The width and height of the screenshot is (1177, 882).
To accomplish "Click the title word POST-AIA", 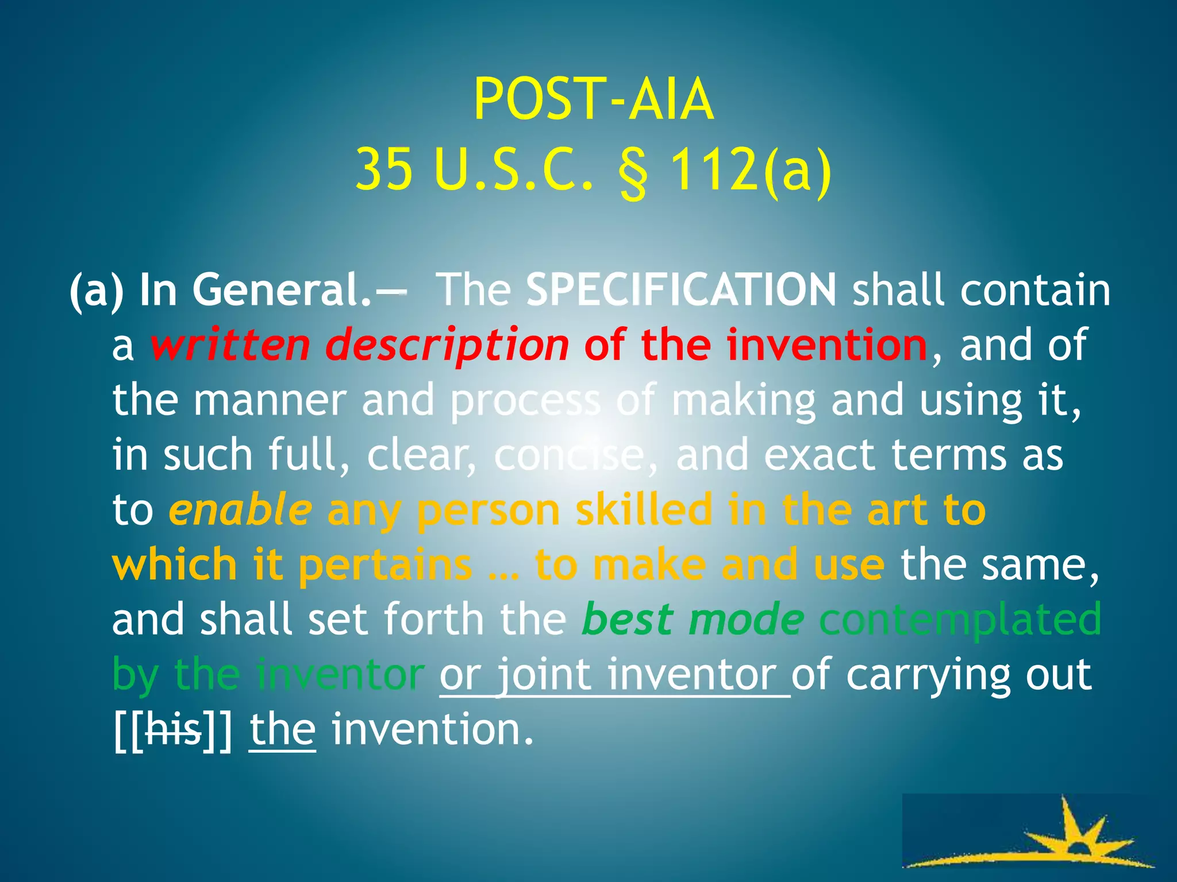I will pyautogui.click(x=593, y=100).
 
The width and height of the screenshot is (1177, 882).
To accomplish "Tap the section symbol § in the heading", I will pyautogui.click(x=633, y=171).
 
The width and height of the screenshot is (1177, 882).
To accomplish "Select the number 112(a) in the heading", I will pyautogui.click(x=751, y=169).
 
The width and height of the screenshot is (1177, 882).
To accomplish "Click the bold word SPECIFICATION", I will pyautogui.click(x=681, y=290).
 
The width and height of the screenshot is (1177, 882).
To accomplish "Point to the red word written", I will pyautogui.click(x=230, y=345).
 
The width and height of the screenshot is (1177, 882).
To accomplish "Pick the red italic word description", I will pyautogui.click(x=447, y=345).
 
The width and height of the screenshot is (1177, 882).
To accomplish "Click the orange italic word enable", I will pyautogui.click(x=240, y=510).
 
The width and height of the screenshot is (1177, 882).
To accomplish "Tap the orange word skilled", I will pyautogui.click(x=644, y=510).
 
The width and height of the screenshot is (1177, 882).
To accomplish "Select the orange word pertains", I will pyautogui.click(x=385, y=565).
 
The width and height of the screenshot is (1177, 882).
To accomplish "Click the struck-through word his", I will pyautogui.click(x=174, y=730).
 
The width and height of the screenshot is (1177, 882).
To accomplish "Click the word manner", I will pyautogui.click(x=270, y=400).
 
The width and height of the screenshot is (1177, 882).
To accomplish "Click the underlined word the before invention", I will pyautogui.click(x=282, y=730).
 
